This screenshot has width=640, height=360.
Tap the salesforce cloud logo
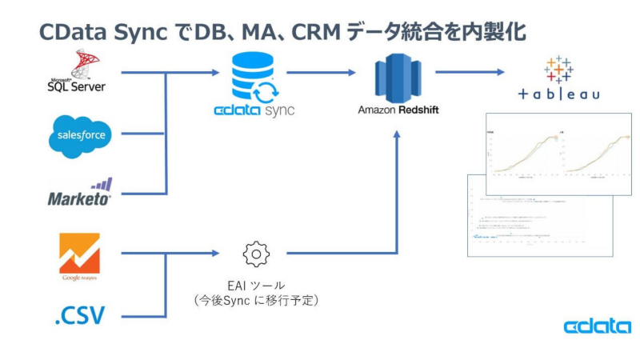click(80, 134)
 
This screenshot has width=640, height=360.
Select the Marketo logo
click(80, 192)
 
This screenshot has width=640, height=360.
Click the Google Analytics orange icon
click(80, 254)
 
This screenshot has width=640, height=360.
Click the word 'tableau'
click(558, 95)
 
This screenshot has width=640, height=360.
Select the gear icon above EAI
click(256, 254)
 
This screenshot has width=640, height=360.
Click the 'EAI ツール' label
click(256, 285)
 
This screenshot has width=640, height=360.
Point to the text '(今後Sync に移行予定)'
click(256, 300)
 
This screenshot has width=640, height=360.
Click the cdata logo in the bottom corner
click(597, 326)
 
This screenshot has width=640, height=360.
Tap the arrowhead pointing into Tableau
click(501, 72)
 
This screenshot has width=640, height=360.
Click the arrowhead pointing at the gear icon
click(214, 254)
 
